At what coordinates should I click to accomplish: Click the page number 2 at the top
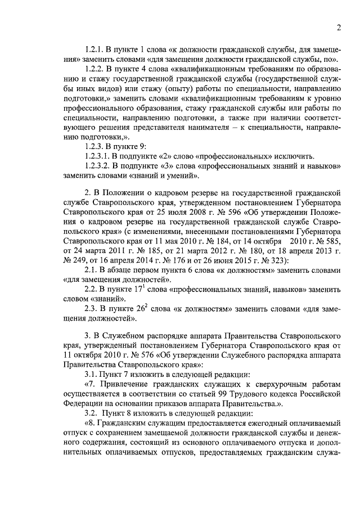tap(339, 28)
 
